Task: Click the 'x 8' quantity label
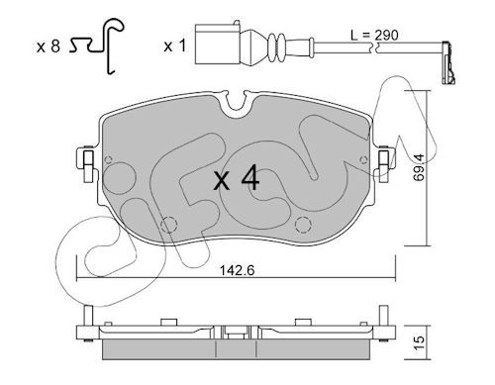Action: coord(49,47)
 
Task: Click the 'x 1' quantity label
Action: coord(174,47)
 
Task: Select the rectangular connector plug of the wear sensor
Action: coord(218,44)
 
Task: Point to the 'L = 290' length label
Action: coord(374,35)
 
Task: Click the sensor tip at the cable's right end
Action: coord(448,62)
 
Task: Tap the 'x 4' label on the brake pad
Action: coord(237,179)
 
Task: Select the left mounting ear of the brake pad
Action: coord(87,164)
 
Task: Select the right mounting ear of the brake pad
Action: coord(384,162)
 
